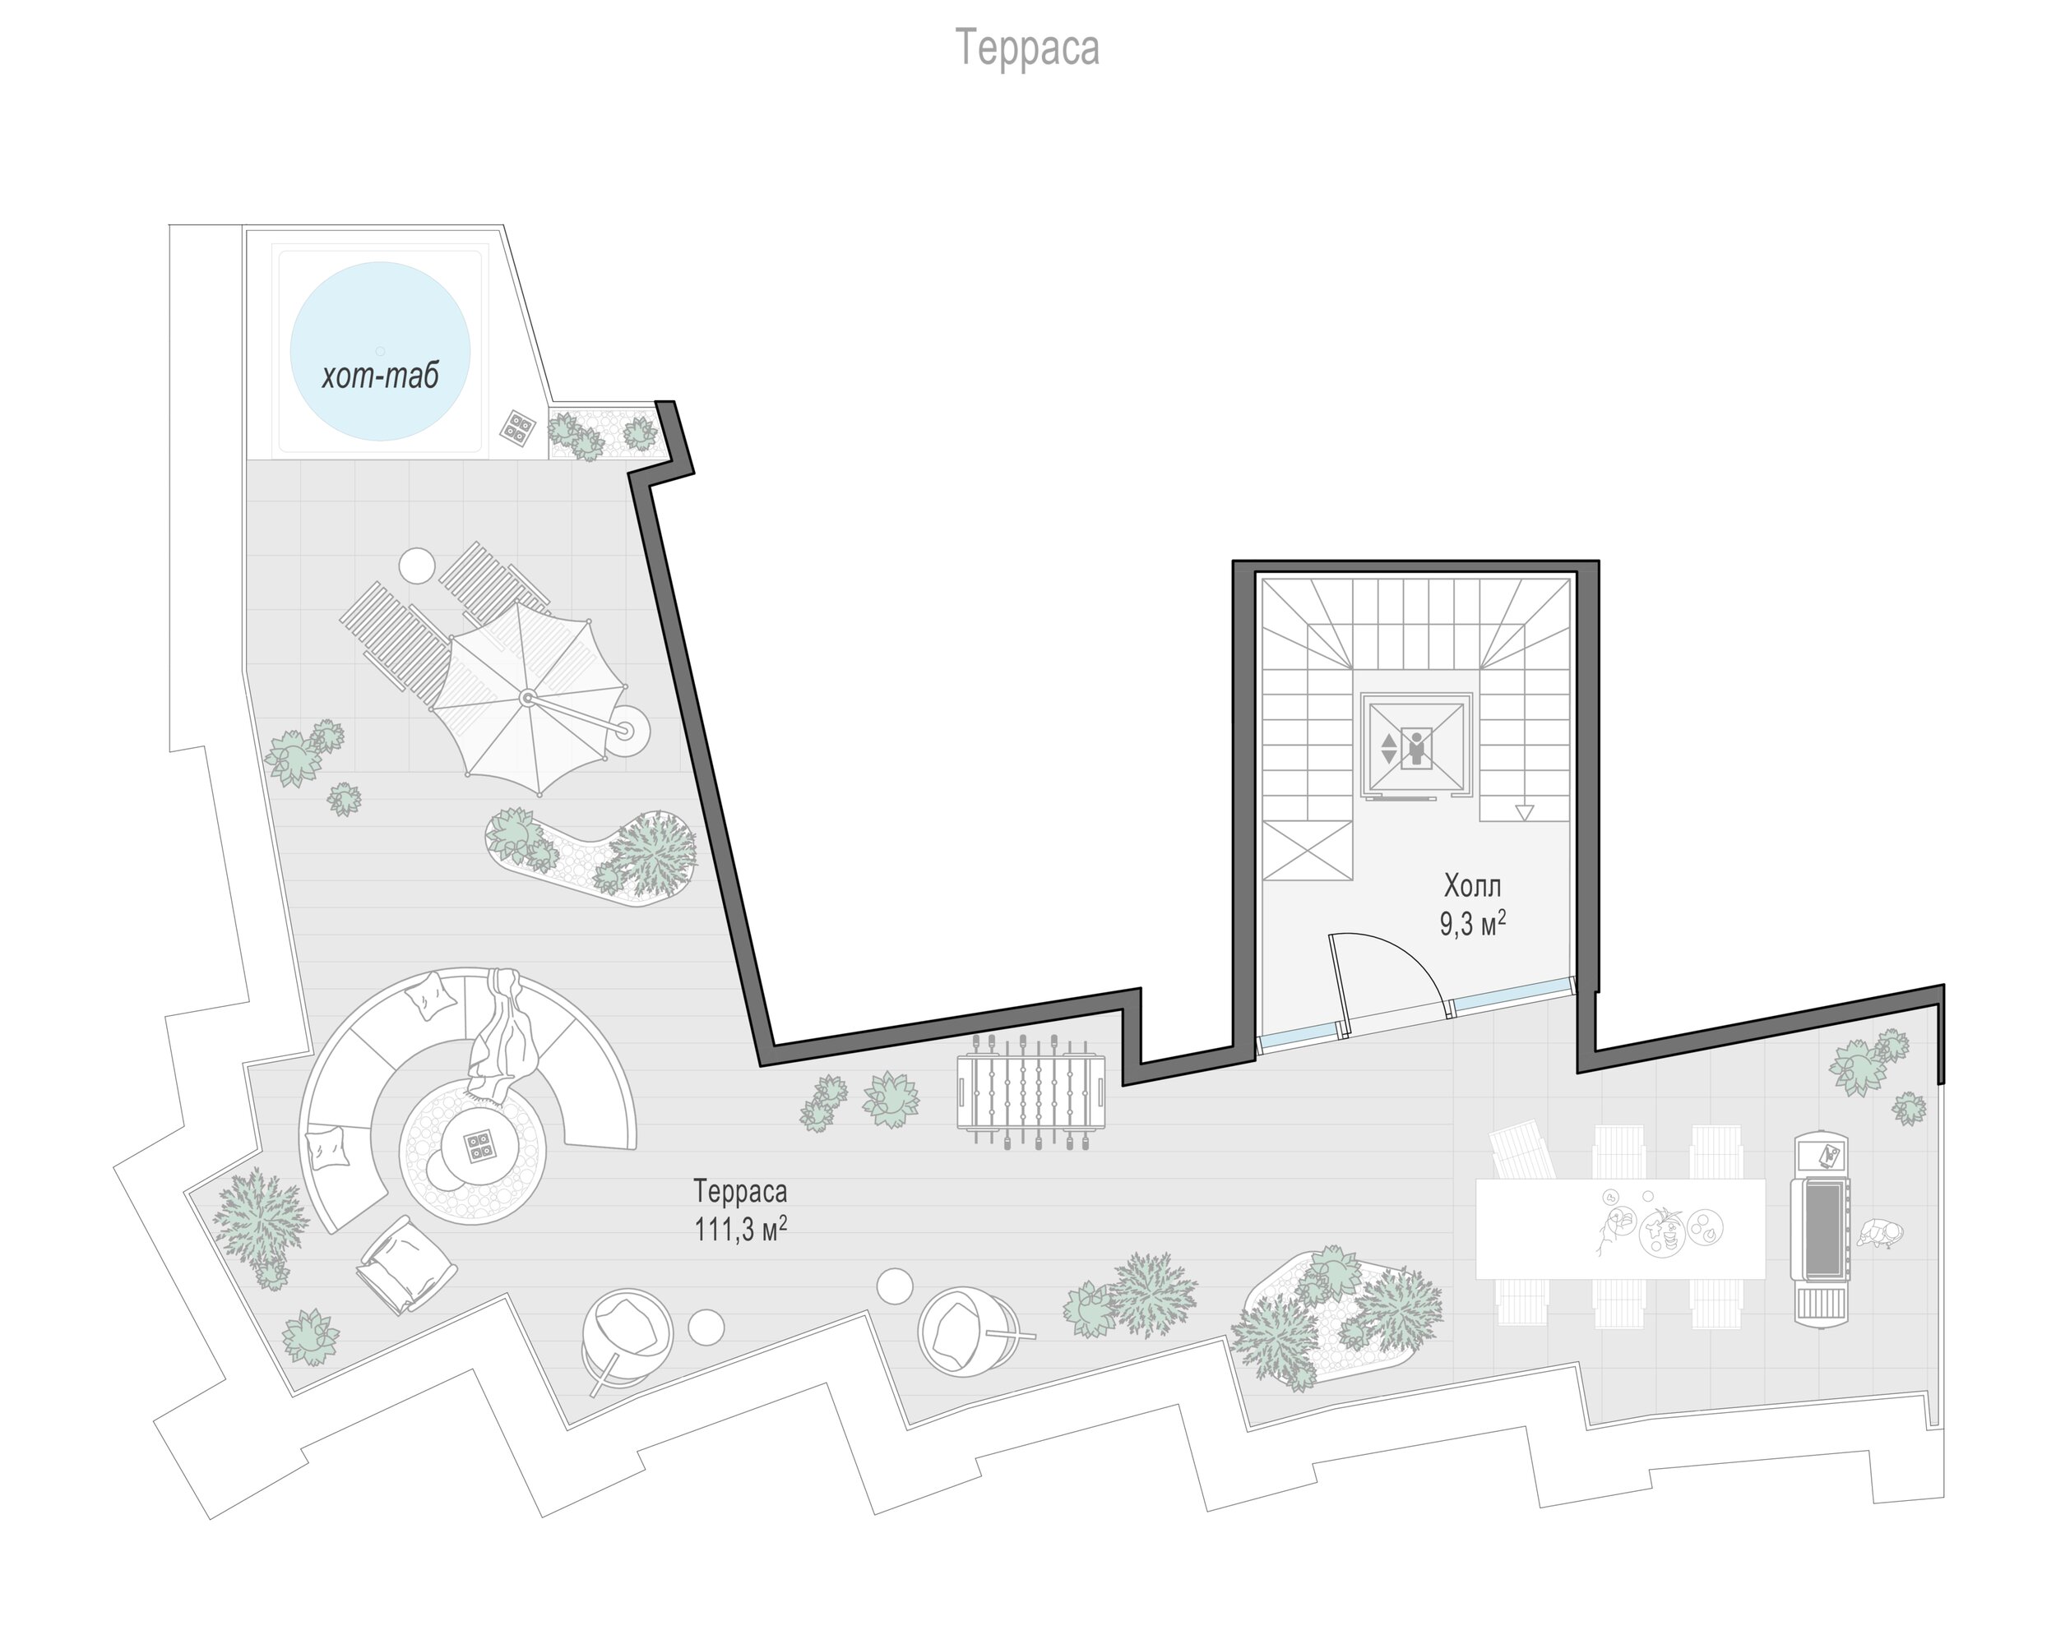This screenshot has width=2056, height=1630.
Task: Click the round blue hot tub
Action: [x=380, y=351]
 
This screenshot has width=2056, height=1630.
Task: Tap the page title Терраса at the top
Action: [x=1027, y=48]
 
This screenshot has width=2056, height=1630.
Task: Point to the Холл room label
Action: [x=1472, y=885]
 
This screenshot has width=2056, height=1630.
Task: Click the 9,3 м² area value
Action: [x=1472, y=923]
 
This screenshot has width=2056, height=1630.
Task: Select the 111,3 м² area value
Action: [x=740, y=1229]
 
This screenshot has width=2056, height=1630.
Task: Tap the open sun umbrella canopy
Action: [x=527, y=698]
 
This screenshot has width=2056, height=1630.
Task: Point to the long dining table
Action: [x=1620, y=1229]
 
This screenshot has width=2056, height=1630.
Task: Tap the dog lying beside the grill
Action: [x=1878, y=1234]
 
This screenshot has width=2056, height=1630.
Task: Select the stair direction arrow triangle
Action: [x=1525, y=812]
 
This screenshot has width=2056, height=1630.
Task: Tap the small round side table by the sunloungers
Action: [x=417, y=566]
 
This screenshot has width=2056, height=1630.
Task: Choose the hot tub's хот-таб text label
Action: [x=381, y=376]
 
